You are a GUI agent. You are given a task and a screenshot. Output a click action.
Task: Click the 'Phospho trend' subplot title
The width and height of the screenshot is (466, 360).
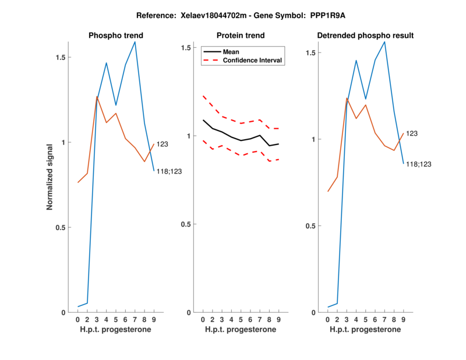tap(115, 36)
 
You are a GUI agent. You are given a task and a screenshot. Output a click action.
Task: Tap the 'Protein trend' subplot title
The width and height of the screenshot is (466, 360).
tap(241, 36)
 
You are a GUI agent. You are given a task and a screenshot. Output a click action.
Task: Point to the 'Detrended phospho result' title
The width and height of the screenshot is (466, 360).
tap(365, 36)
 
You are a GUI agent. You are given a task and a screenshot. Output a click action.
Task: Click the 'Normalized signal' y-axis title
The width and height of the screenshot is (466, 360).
tap(51, 177)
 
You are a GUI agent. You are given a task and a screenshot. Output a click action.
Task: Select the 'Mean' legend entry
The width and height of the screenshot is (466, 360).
tap(231, 52)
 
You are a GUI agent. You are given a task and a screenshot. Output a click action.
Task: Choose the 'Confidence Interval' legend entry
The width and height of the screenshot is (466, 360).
tap(253, 60)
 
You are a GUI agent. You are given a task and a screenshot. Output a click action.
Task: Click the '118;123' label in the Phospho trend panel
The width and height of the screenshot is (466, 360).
tap(169, 171)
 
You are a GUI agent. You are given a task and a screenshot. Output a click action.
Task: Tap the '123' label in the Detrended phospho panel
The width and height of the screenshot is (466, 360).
tap(412, 133)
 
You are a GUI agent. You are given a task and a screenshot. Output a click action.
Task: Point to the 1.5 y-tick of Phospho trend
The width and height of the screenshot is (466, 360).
tap(59, 58)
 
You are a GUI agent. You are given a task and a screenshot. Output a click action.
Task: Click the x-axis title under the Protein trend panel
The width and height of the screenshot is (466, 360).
tap(241, 330)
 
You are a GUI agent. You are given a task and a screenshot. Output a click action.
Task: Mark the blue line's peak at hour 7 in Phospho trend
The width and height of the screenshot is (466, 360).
tap(135, 41)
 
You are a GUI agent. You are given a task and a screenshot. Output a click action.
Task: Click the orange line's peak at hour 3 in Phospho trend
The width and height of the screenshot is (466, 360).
tap(97, 97)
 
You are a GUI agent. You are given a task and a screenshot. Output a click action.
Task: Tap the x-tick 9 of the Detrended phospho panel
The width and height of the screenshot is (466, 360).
tap(403, 319)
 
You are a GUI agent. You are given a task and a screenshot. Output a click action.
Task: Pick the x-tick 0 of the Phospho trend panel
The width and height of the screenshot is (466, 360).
tap(78, 319)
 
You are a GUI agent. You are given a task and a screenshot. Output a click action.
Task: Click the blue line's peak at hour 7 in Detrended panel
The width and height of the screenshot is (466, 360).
tap(384, 41)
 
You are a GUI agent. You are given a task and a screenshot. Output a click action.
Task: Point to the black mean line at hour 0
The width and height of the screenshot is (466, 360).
tap(203, 120)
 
